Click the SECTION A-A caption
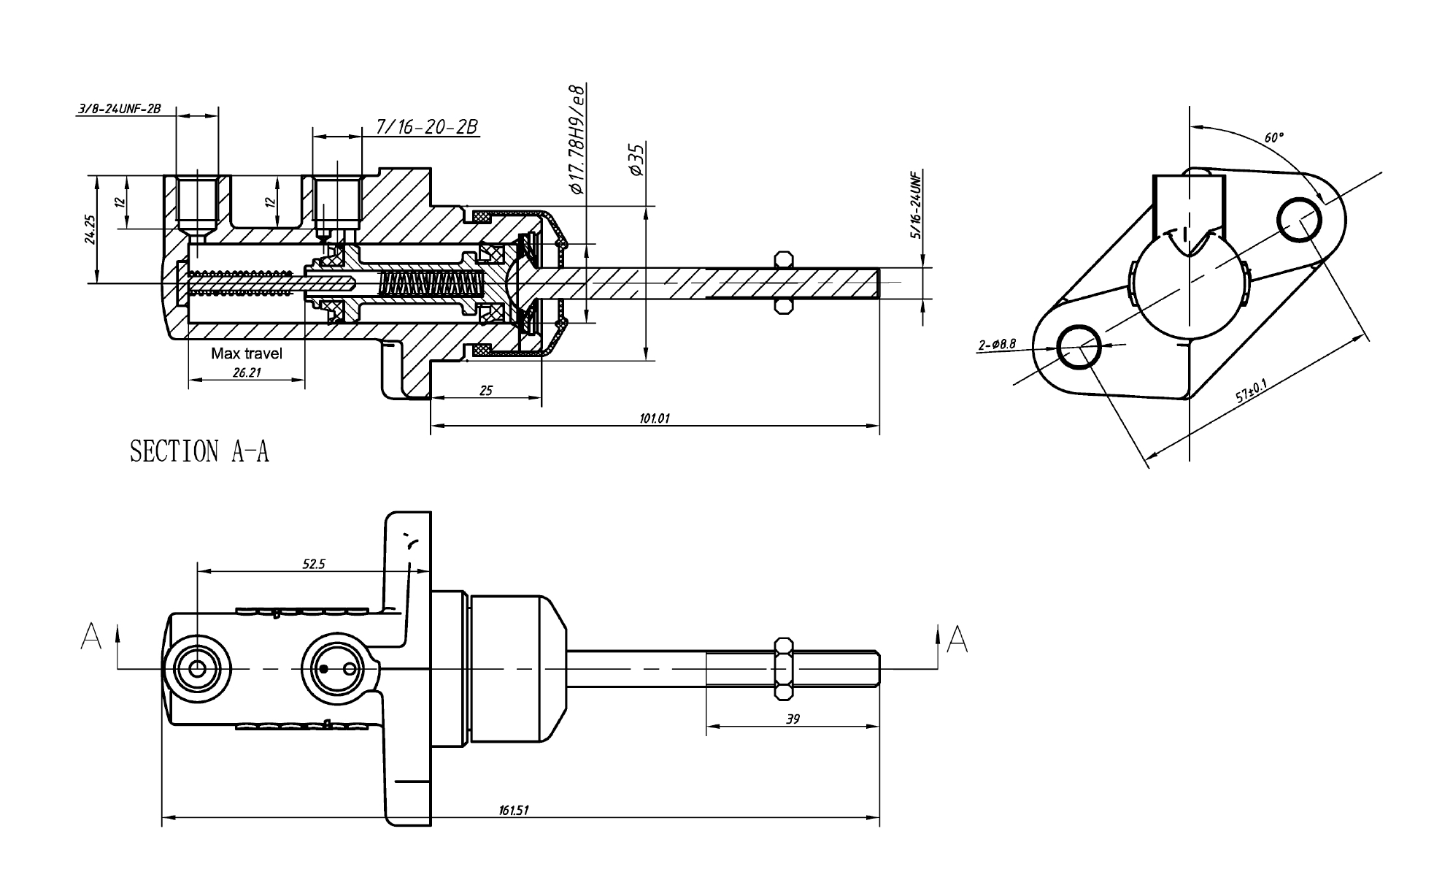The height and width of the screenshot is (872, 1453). coord(199,451)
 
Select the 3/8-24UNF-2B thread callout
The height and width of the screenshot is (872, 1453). coord(118,110)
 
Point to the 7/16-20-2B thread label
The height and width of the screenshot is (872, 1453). coord(426,127)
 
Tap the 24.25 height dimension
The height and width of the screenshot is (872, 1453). coord(90,229)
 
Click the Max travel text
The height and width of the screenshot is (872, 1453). coord(247,353)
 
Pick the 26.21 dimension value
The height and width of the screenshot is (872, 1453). coord(247,372)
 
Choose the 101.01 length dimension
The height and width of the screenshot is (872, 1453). coord(655,418)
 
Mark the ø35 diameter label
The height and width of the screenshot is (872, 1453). coord(636,159)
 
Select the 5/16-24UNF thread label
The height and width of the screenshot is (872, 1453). coord(917,204)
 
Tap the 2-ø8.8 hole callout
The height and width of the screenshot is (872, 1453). coord(997,344)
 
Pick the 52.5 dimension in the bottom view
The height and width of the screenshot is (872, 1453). coord(314,564)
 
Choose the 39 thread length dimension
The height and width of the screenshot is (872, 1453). coord(793,719)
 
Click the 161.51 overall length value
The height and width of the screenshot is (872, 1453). coord(514,810)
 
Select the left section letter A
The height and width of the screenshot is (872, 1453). coord(92,636)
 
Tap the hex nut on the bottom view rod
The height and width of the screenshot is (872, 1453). coord(783,669)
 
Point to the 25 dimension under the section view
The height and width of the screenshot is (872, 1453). coord(485,391)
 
